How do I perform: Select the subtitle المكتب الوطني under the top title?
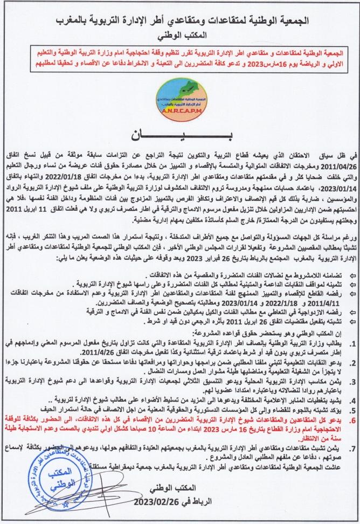point(180,38)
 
